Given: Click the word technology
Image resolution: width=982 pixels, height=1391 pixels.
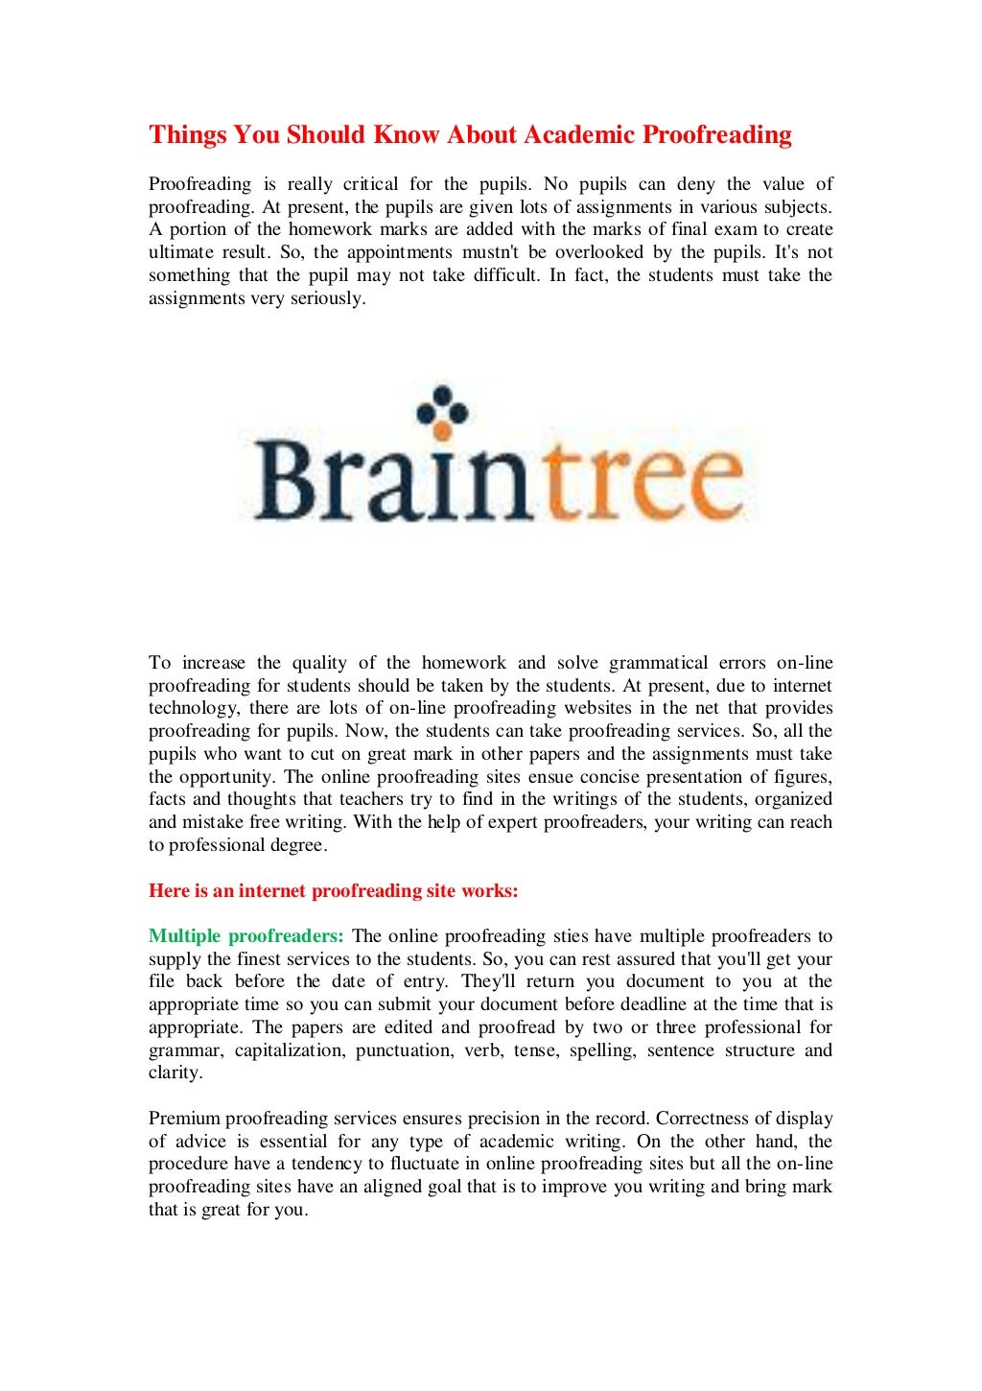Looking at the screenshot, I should [193, 709].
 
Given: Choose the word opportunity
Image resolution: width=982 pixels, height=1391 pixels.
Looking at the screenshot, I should [228, 777].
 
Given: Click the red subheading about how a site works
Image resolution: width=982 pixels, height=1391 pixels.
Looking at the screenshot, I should [333, 891].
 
